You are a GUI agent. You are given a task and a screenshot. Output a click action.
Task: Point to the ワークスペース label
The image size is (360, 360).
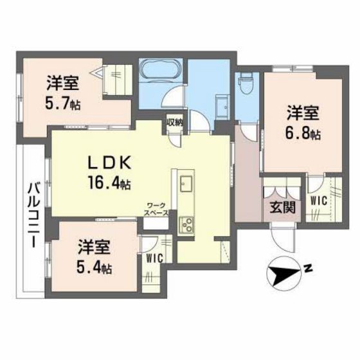[157, 208]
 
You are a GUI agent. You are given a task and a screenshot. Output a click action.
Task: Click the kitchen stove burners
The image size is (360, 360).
[189, 224]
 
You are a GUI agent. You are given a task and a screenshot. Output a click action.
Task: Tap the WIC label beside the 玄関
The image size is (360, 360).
[319, 201]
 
